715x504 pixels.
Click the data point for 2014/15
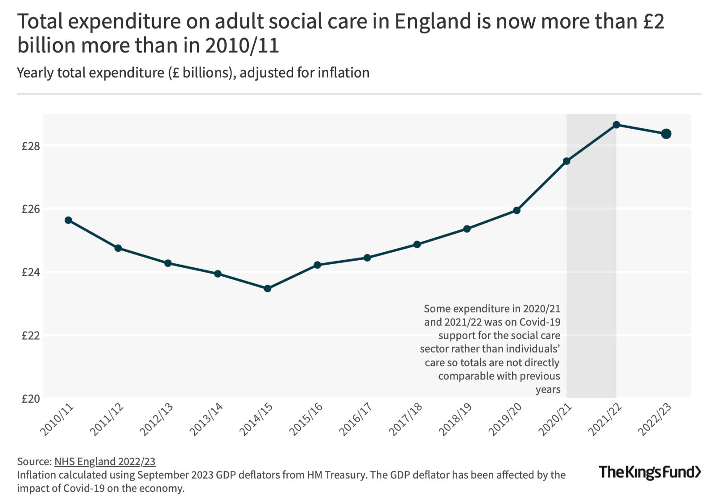point(268,289)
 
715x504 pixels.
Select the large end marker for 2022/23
point(666,134)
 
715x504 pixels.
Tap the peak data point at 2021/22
point(616,125)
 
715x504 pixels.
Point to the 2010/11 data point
point(68,220)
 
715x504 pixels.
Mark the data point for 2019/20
point(517,210)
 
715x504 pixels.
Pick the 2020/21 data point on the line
point(566,161)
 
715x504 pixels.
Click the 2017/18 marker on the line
point(417,244)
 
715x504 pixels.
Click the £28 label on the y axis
point(31,146)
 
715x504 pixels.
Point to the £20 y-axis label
point(31,399)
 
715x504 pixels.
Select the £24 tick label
point(31,272)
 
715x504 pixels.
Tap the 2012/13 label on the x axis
point(157,419)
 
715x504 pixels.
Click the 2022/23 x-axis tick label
point(655,419)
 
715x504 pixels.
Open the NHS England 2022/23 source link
point(105,462)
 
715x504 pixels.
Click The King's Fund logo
point(650,472)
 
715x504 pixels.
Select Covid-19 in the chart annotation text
point(540,322)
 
